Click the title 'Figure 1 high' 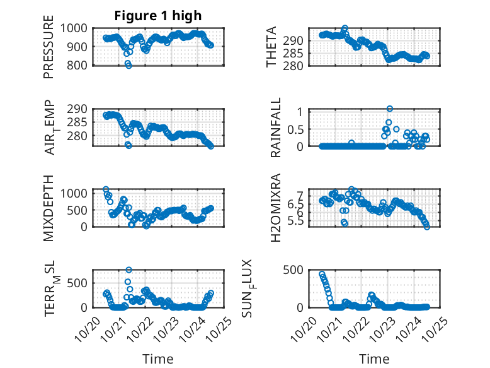pos(158,16)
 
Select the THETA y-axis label pos(271,47)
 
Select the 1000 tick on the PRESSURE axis pos(76,28)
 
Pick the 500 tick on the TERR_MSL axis pos(79,282)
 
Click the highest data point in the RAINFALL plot pos(390,109)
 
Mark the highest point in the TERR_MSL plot pos(128,270)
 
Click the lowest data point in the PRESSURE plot pos(128,65)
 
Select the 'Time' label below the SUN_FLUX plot pos(374,359)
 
